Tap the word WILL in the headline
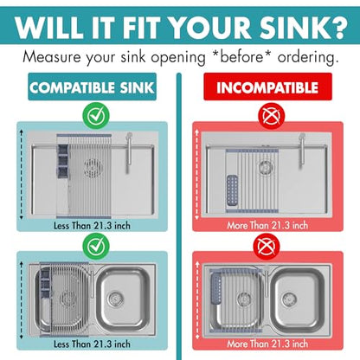(x=49, y=27)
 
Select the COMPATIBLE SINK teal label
(x=92, y=87)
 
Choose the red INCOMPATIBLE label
(x=267, y=87)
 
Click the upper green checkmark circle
(x=96, y=116)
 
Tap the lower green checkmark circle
(x=96, y=246)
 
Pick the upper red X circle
(x=272, y=116)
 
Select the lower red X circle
(x=267, y=247)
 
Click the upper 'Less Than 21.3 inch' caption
(x=92, y=225)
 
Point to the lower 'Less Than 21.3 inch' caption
(x=92, y=344)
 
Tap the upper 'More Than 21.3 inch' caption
(x=267, y=225)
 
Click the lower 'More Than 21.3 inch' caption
(x=267, y=344)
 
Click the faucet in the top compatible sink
(x=128, y=153)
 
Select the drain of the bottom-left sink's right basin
(x=115, y=299)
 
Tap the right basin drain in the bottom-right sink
(x=289, y=299)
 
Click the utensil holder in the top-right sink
(x=232, y=190)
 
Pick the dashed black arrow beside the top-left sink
(x=21, y=175)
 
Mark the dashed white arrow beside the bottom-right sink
(x=197, y=300)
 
